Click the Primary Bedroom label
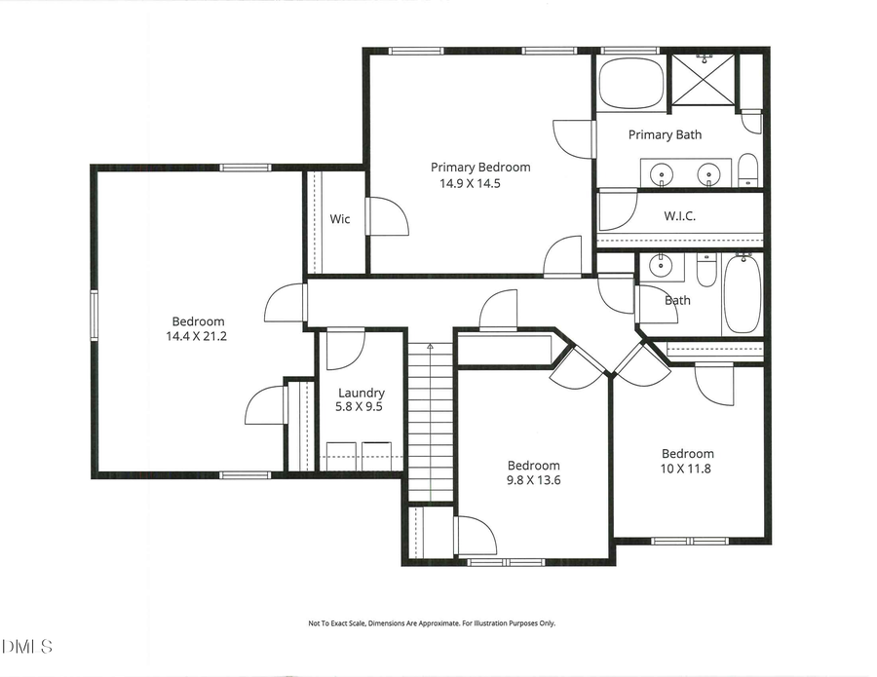pyautogui.click(x=480, y=167)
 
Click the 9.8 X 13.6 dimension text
pyautogui.click(x=533, y=480)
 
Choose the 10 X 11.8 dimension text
pyautogui.click(x=687, y=469)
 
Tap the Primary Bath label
pyautogui.click(x=664, y=134)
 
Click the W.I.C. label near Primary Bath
pyautogui.click(x=679, y=215)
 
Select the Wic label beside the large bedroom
pyautogui.click(x=339, y=219)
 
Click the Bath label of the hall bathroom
pyautogui.click(x=677, y=300)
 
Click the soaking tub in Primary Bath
pyautogui.click(x=629, y=84)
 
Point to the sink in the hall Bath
pyautogui.click(x=663, y=264)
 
